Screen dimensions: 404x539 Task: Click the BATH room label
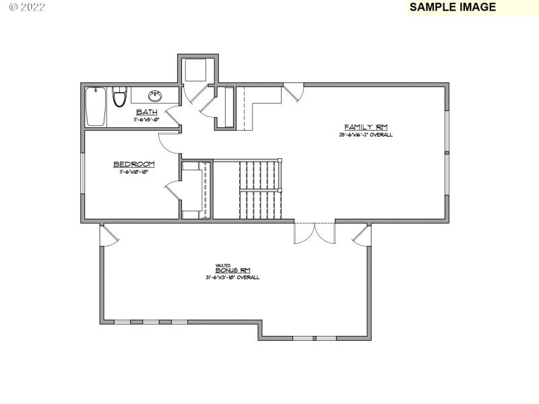(147, 112)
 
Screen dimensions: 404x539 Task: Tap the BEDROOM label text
(134, 164)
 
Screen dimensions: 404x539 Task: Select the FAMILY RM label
(366, 127)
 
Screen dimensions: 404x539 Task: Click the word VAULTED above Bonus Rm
(222, 265)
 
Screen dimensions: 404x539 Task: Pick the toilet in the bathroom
(120, 97)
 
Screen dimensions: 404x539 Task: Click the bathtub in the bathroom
(96, 106)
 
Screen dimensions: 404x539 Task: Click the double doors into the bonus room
(314, 232)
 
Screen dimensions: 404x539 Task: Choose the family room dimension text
(366, 135)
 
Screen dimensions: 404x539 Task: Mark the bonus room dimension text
(232, 277)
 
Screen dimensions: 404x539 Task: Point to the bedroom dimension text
(134, 172)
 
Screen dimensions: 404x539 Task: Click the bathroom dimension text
(147, 119)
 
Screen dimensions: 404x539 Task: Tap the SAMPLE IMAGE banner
(453, 7)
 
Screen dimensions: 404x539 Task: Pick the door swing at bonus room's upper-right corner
(360, 235)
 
